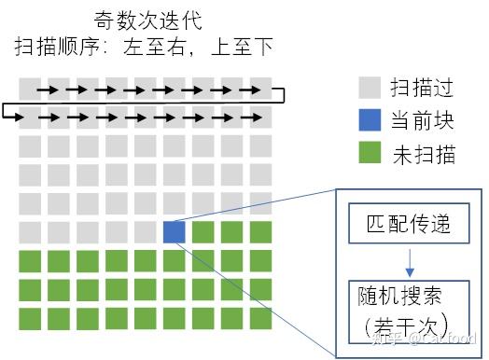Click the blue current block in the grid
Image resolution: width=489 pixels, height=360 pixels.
pos(175,232)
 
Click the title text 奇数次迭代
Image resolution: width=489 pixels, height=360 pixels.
pos(147,19)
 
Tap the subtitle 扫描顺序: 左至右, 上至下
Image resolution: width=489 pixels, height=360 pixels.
pos(144,45)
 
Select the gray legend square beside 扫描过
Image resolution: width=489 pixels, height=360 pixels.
pos(370,89)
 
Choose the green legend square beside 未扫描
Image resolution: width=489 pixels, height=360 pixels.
pos(370,153)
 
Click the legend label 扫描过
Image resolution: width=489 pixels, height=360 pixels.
pos(423,90)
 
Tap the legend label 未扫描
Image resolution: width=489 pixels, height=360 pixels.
pos(423,154)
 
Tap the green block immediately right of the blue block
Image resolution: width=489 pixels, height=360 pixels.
pos(203,232)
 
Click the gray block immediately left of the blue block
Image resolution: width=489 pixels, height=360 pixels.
pos(146,232)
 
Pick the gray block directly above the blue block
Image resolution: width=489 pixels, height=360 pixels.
pos(175,203)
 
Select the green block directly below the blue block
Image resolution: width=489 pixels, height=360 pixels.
pos(175,261)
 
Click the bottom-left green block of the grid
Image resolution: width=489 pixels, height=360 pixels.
pos(30,318)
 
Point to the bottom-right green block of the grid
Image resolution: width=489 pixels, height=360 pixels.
pos(261,318)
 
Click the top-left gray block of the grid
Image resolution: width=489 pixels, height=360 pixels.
pos(30,89)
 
